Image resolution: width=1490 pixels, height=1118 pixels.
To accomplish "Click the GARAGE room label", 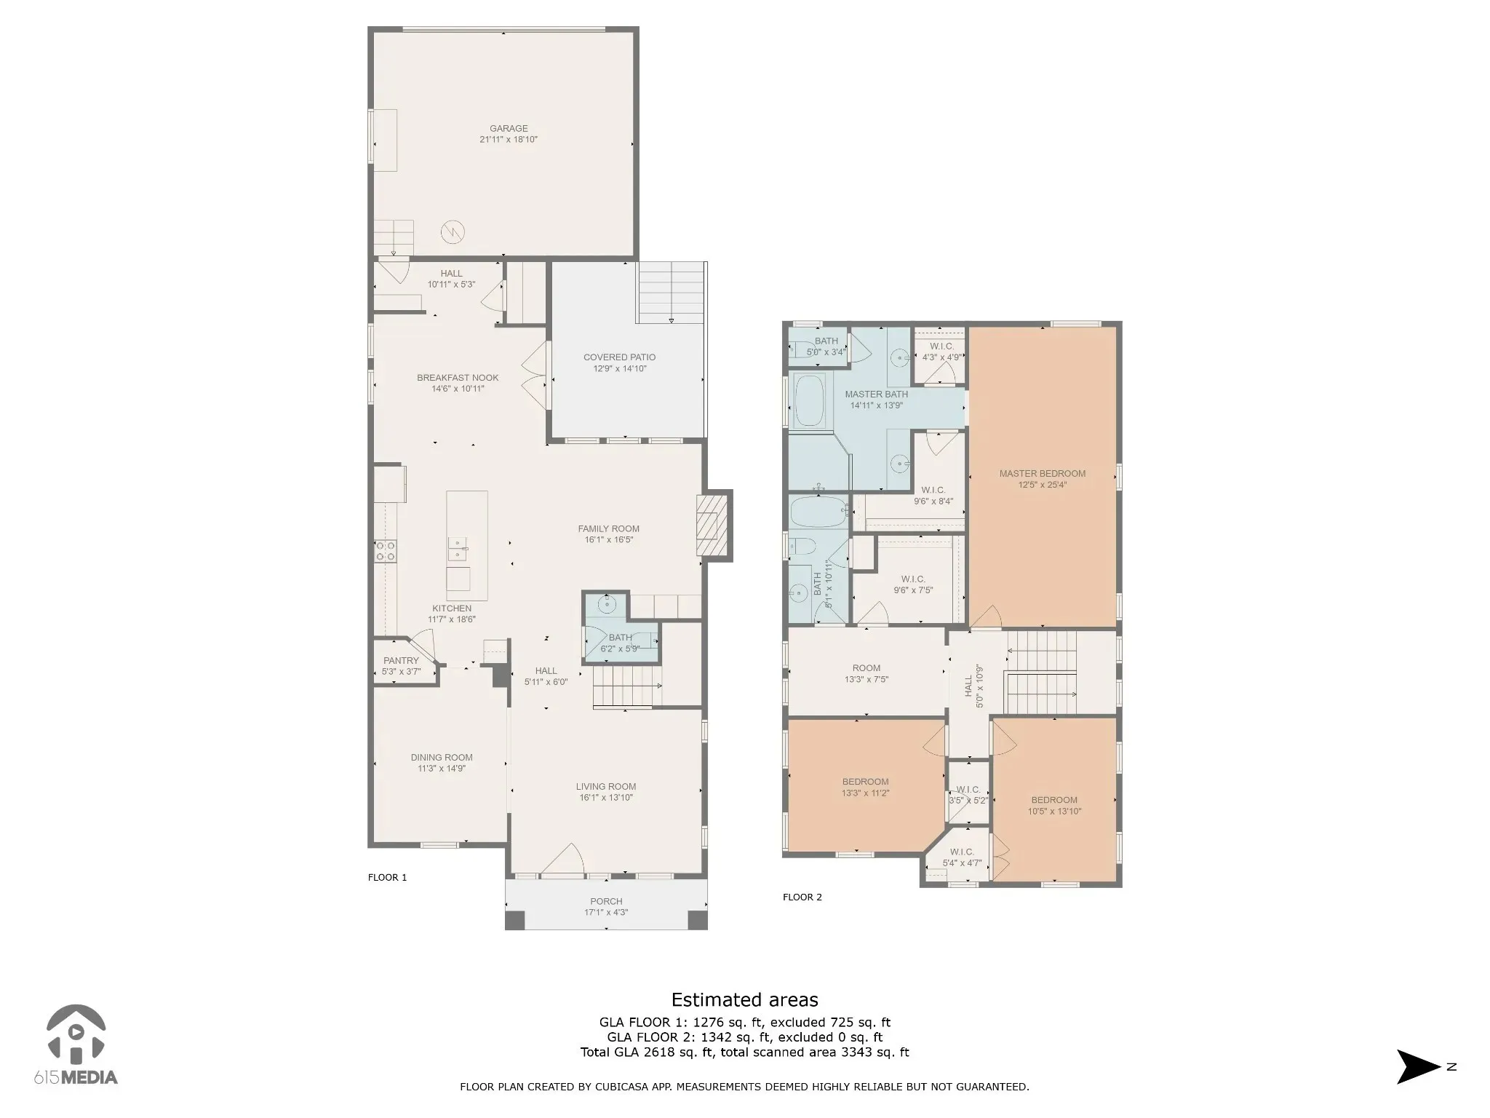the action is click(x=509, y=129).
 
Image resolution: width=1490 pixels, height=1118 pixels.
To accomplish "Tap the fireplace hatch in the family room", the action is click(x=712, y=526).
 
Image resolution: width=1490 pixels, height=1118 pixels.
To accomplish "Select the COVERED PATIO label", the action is click(x=619, y=357).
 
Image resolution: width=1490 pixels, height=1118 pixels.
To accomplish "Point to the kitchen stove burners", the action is click(x=386, y=551).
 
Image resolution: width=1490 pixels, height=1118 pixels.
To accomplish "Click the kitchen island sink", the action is click(x=458, y=549).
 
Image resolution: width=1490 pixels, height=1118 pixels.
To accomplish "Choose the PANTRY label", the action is click(x=401, y=661).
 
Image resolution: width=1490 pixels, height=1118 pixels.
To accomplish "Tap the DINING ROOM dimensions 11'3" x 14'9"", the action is click(x=442, y=769).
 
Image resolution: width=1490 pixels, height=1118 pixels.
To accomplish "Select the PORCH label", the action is click(x=606, y=902).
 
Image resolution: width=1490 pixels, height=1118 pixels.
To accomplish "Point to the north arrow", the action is click(x=1418, y=1067).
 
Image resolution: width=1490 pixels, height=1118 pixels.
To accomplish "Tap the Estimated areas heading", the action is click(x=744, y=999).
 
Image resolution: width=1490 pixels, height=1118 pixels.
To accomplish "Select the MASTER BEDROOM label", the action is click(x=1042, y=474).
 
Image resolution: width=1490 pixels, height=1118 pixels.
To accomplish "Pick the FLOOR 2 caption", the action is click(x=802, y=897).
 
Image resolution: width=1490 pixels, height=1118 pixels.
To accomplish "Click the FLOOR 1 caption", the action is click(x=388, y=878).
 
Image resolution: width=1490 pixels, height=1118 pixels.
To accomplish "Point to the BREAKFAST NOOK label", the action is click(x=458, y=378).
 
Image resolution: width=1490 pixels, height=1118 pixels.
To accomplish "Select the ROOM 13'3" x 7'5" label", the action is click(x=866, y=674).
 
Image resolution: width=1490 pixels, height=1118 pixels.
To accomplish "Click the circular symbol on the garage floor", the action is click(x=452, y=232).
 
